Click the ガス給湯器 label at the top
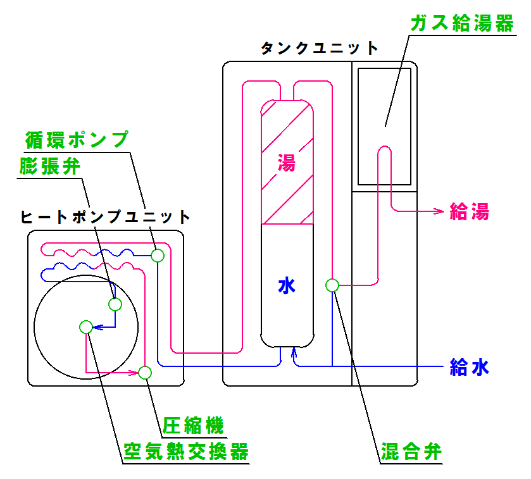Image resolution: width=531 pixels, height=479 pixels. click(461, 24)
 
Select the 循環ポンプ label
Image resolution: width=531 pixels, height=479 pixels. click(76, 139)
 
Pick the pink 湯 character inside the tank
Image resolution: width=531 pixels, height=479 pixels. click(287, 163)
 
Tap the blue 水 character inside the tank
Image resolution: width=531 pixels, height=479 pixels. click(287, 287)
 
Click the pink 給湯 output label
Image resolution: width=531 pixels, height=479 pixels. click(469, 211)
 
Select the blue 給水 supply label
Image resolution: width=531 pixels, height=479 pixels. click(469, 367)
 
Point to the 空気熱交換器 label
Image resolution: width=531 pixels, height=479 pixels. click(185, 451)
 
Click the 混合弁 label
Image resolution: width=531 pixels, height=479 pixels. click(410, 452)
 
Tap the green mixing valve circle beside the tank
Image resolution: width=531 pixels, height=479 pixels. click(332, 285)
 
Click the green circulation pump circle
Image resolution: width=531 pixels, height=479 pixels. click(157, 256)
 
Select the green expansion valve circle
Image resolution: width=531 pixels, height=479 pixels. click(115, 304)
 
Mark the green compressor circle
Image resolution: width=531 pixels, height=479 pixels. click(145, 372)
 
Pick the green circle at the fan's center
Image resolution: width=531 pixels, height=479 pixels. click(86, 327)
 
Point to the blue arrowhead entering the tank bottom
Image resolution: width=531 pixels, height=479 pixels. click(294, 352)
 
